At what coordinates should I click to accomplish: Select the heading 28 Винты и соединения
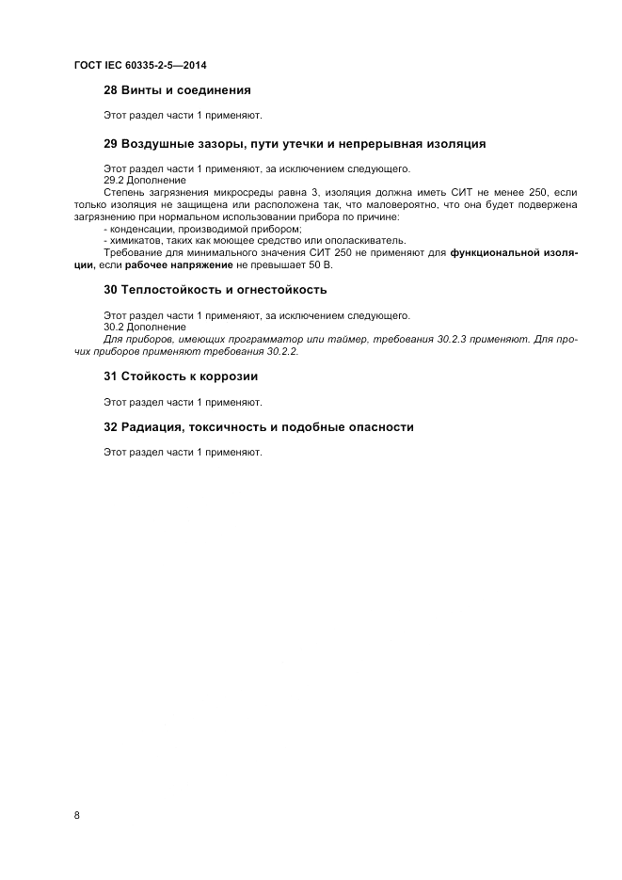click(177, 90)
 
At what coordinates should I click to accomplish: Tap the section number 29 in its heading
click(110, 144)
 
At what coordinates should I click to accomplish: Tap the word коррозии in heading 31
click(226, 376)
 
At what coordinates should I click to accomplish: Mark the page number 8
click(77, 816)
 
